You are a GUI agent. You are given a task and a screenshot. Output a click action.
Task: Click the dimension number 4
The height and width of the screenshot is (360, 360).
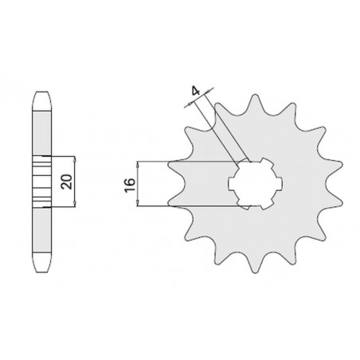[196, 92]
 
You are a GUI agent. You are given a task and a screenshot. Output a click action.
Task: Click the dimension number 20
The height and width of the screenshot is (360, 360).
[67, 182]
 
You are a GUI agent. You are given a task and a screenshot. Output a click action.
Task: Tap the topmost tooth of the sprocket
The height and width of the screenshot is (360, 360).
[255, 102]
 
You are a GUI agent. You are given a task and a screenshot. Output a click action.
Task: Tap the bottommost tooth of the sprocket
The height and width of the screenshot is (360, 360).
[255, 265]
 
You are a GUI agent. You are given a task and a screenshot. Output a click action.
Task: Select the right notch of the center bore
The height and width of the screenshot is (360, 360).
[280, 184]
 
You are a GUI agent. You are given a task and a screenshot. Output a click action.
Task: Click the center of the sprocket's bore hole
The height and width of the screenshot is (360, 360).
[256, 184]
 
